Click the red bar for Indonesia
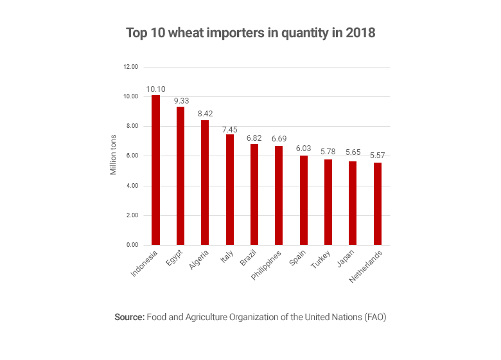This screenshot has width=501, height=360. (x=155, y=170)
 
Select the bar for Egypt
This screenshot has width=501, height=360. (x=180, y=176)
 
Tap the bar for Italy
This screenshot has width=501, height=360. (x=229, y=190)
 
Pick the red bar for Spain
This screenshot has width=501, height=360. (x=303, y=200)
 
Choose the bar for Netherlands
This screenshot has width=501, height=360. (x=378, y=204)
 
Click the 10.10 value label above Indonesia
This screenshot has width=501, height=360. (x=155, y=89)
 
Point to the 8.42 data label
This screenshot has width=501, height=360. (x=205, y=114)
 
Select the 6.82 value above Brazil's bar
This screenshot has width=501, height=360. (x=254, y=138)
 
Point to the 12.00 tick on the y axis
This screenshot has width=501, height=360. (x=131, y=67)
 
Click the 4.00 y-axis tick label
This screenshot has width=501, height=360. (x=132, y=186)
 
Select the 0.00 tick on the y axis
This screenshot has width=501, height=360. (x=132, y=246)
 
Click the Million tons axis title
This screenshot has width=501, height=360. (x=114, y=156)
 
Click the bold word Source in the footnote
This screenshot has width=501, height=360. (x=130, y=317)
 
